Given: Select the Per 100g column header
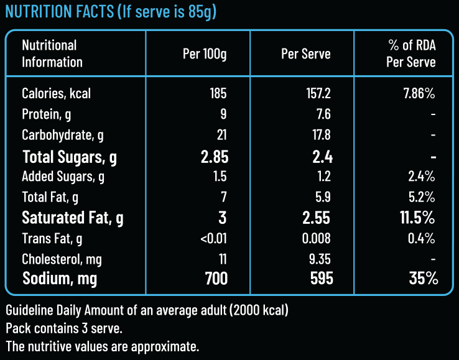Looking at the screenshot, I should (x=205, y=53).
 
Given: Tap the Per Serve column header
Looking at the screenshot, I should (x=305, y=53).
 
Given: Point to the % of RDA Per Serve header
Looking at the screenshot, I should (x=410, y=53).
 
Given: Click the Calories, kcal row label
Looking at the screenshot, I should (x=56, y=94).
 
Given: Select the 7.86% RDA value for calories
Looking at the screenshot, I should (x=419, y=94).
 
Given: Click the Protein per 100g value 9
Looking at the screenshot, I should (x=223, y=114).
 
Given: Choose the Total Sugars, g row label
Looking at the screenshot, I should (x=70, y=156).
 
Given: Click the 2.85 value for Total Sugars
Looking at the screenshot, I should (x=214, y=156).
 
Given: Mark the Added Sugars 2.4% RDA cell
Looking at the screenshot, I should (x=421, y=177).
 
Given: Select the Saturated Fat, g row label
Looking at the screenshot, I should (x=73, y=218).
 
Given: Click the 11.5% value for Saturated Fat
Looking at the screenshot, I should (x=417, y=218).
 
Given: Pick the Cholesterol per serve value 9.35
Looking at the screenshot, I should (x=318, y=259).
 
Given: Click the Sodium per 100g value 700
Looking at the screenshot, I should (x=216, y=279).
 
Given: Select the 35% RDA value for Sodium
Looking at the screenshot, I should (x=422, y=279).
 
